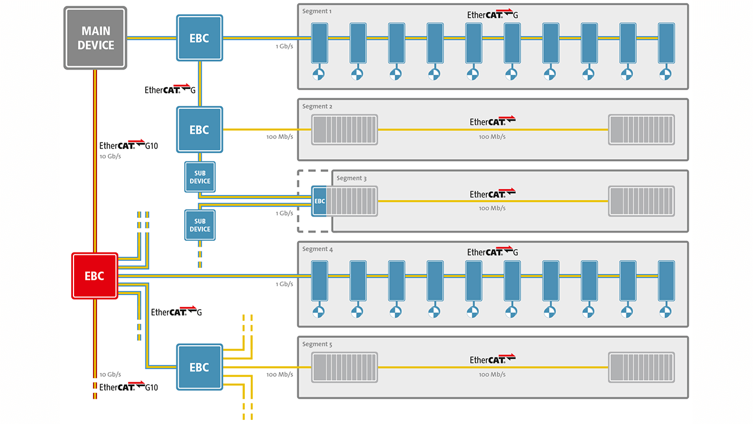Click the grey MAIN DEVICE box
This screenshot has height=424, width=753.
tap(95, 38)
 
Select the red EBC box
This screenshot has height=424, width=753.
tap(95, 276)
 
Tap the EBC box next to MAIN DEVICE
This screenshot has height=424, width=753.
tap(199, 38)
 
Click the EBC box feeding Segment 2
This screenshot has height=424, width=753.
tap(199, 130)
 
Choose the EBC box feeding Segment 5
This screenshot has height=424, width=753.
tap(199, 367)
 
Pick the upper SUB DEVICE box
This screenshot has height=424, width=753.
tap(200, 177)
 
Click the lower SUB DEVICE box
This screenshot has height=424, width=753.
tap(200, 225)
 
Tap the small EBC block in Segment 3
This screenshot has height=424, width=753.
tap(319, 201)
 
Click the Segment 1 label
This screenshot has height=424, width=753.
tap(317, 11)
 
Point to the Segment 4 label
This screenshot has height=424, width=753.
tap(317, 249)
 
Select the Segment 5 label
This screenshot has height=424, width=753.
tap(317, 344)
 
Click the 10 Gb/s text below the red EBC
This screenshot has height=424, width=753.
tap(110, 375)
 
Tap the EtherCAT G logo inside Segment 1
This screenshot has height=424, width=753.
tap(492, 15)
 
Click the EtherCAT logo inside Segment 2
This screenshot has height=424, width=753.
tap(492, 121)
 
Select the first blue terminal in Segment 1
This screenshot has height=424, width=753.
tap(319, 42)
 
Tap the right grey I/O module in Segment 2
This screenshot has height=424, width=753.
tap(641, 130)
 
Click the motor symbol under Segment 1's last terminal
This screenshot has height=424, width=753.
tap(666, 74)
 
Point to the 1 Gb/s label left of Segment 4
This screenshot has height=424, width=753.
tap(284, 284)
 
